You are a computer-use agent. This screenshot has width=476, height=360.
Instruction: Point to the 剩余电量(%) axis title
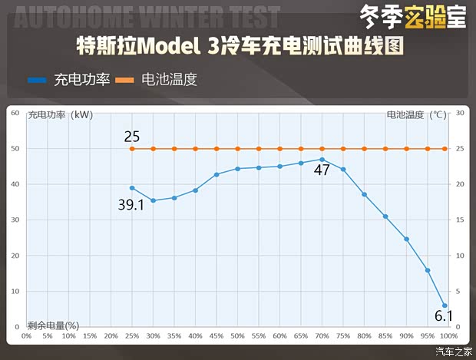pyautogui.click(x=54, y=325)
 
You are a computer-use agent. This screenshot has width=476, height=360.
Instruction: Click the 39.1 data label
pyautogui.click(x=131, y=205)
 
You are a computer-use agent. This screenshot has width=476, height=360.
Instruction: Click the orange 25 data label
pyautogui.click(x=131, y=137)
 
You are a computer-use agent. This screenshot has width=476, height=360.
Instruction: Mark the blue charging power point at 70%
pyautogui.click(x=322, y=159)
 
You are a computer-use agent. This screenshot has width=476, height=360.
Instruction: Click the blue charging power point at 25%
pyautogui.click(x=132, y=187)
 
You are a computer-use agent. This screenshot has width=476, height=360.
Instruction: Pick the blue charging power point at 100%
pyautogui.click(x=445, y=306)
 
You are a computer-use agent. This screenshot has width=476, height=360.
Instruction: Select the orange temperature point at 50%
pyautogui.click(x=237, y=149)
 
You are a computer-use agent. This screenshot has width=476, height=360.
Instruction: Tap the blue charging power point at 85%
pyautogui.click(x=385, y=216)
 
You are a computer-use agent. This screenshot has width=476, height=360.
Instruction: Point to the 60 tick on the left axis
pyautogui.click(x=15, y=113)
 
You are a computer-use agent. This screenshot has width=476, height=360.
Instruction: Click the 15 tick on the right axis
pyautogui.click(x=460, y=220)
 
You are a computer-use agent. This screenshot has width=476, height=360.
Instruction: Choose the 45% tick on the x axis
pyautogui.click(x=217, y=335)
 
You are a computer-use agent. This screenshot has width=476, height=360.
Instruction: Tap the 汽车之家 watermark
pyautogui.click(x=454, y=352)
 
